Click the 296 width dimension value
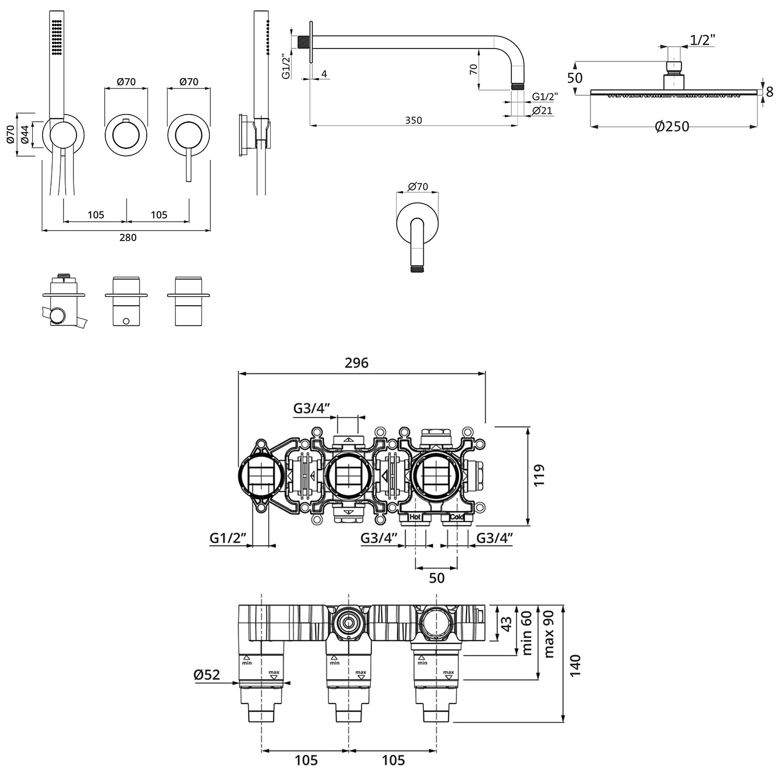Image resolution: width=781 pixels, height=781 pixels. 356,363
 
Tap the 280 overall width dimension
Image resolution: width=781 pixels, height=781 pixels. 128,237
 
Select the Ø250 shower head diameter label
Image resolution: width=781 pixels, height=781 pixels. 672,127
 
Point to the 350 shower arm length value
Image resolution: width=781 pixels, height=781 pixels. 413,120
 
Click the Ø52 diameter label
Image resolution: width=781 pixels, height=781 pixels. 207,675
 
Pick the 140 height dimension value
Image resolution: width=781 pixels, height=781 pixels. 575,665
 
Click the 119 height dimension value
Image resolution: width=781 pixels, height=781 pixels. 539,475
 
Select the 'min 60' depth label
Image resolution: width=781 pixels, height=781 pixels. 526,633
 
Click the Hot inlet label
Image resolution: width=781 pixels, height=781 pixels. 415,517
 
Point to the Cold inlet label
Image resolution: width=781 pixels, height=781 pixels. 457,517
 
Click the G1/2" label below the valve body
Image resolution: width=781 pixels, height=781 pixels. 228,538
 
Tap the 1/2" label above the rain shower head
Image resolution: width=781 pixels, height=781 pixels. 702,40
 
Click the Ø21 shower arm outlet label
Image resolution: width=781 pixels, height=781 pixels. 542,110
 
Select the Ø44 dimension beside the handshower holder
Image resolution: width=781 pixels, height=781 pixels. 24,135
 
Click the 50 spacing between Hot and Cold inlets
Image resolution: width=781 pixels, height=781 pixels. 436,578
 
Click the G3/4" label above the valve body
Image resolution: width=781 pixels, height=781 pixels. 312,408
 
